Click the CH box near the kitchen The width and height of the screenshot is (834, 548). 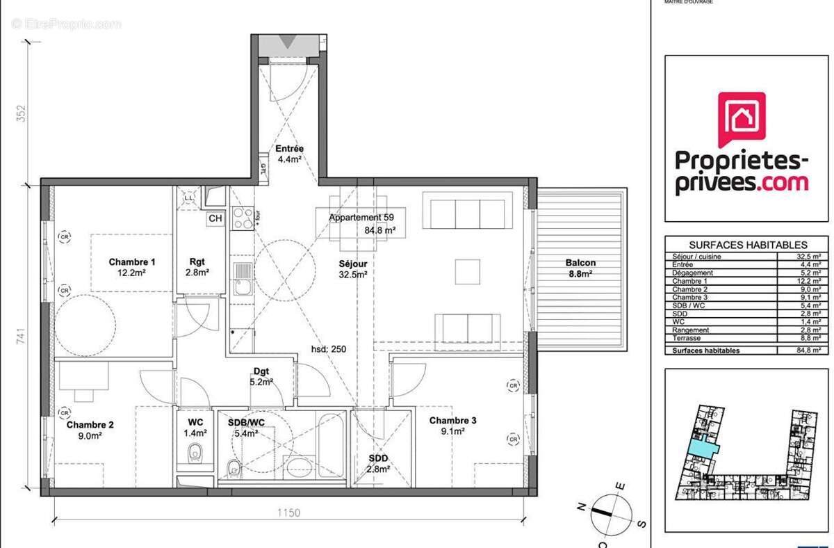[x=215, y=218]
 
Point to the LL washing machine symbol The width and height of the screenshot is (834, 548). [x=189, y=198]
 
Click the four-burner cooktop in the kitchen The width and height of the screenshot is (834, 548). [x=243, y=218]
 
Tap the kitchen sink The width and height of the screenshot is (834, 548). [x=243, y=278]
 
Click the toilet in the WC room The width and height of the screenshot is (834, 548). [x=195, y=453]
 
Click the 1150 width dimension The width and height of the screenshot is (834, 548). [x=288, y=513]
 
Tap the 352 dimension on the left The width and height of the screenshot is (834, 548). [x=22, y=113]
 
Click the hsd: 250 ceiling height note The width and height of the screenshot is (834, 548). [x=329, y=349]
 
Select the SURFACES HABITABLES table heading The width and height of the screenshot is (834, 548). [x=747, y=245]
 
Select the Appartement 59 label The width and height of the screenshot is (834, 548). [x=361, y=217]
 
